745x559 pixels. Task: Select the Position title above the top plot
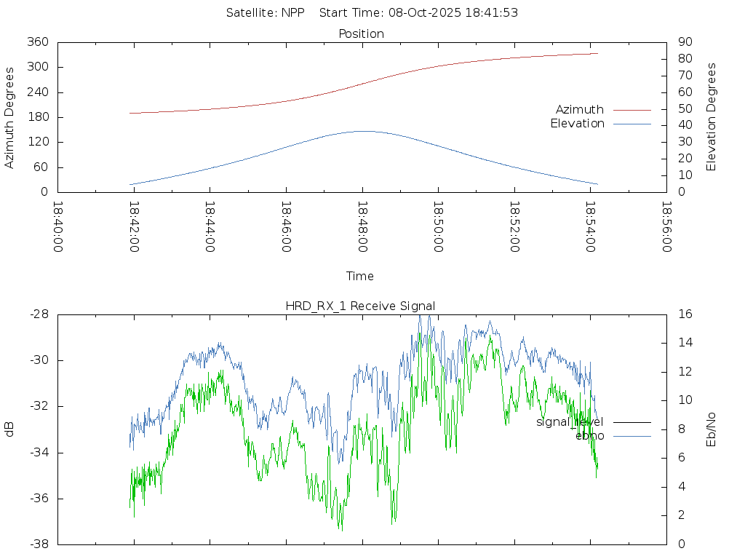point(362,33)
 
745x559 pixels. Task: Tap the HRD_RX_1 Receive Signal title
point(361,306)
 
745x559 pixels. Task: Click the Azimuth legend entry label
point(580,110)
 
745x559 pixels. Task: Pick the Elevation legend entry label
point(577,124)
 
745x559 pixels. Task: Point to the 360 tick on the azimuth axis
point(36,42)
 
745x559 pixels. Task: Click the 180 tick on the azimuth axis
point(36,117)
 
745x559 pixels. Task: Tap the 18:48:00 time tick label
point(362,226)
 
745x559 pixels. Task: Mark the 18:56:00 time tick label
point(666,226)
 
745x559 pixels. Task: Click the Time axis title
point(360,276)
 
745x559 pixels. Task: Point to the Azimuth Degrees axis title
point(10,117)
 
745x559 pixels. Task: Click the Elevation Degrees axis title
point(712,117)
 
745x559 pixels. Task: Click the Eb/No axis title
point(712,429)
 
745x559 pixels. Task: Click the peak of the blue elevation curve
point(362,131)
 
